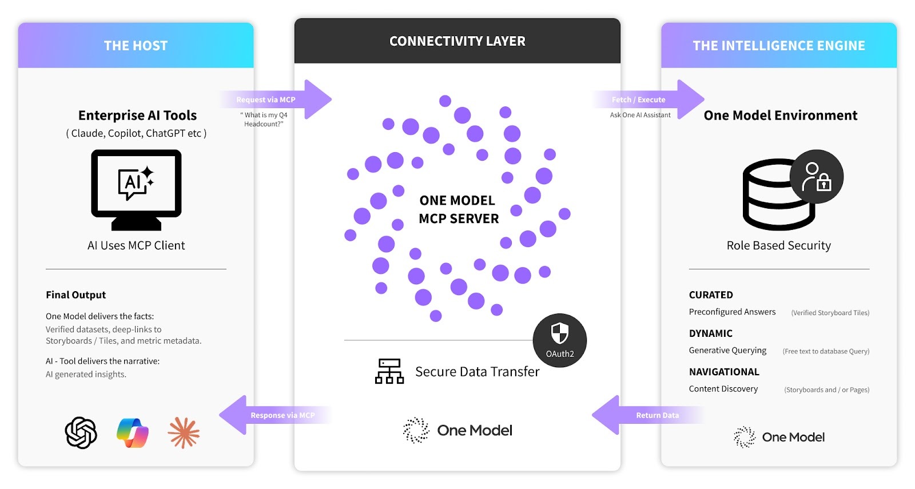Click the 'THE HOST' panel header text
point(136,46)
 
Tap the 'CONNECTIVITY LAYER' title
point(457,41)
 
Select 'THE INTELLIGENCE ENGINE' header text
point(778,46)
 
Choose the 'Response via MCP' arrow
point(274,415)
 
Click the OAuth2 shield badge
point(559,340)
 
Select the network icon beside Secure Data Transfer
point(389,371)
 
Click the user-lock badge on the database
point(817,176)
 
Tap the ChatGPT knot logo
point(81,433)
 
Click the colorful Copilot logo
point(133,433)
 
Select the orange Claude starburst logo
point(184,433)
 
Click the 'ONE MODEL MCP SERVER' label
point(458,209)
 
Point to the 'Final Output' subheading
point(76,295)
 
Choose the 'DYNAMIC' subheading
point(710,333)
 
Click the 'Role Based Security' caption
point(778,245)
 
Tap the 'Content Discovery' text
point(723,389)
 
